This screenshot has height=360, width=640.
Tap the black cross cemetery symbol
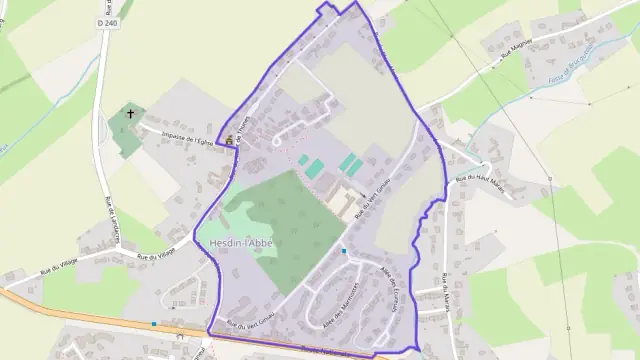[x=129, y=115]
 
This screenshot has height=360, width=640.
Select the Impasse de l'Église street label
[x=177, y=133]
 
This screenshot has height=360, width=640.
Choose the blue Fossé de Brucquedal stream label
[x=574, y=59]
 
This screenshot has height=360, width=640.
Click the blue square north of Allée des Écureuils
[x=343, y=251]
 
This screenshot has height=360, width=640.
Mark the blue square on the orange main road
[x=153, y=323]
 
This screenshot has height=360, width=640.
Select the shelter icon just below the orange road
[x=179, y=338]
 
